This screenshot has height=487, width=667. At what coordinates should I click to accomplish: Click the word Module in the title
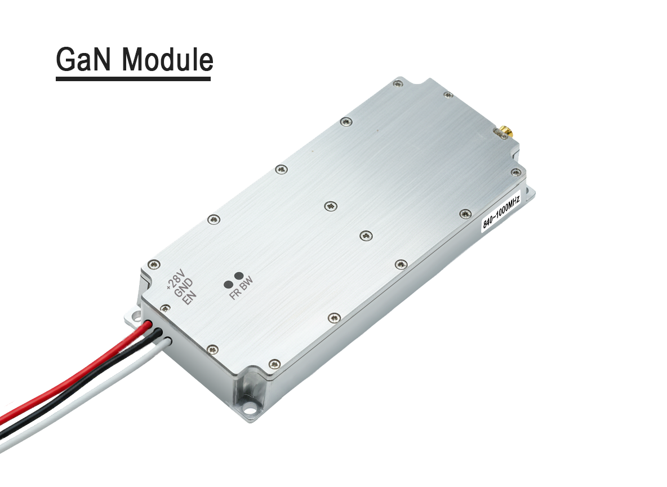(x=167, y=59)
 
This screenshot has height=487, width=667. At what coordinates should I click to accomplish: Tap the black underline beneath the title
(x=133, y=78)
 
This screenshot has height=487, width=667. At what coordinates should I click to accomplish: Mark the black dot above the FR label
(x=229, y=284)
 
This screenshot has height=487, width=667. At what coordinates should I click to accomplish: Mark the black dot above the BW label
(x=239, y=276)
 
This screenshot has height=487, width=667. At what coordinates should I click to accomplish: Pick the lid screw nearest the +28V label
(x=153, y=264)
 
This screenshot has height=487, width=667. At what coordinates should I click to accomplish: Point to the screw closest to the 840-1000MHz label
(x=465, y=213)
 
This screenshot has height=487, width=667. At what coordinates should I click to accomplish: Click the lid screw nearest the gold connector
(x=448, y=95)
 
